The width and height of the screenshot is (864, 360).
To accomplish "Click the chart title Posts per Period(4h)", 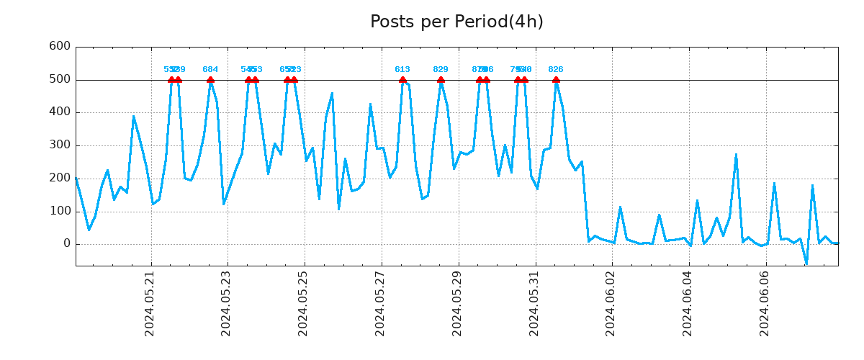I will pyautogui.click(x=456, y=22).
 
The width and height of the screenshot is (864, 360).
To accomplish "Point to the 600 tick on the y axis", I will pyautogui.click(x=59, y=46).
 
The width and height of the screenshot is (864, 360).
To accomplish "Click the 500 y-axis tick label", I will pyautogui.click(x=59, y=79).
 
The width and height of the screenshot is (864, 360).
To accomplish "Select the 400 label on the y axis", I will pyautogui.click(x=59, y=112).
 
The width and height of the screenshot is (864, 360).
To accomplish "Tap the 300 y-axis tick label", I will pyautogui.click(x=59, y=145).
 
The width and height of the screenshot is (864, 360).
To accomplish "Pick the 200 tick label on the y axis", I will pyautogui.click(x=59, y=179).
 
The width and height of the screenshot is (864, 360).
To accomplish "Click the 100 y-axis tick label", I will pyautogui.click(x=59, y=212).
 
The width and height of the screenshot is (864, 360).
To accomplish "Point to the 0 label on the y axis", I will pyautogui.click(x=66, y=244).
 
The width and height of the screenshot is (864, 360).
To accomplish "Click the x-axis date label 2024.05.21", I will pyautogui.click(x=150, y=303).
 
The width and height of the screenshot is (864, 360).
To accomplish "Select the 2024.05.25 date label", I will pyautogui.click(x=303, y=303).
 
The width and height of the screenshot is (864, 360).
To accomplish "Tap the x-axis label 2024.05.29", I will pyautogui.click(x=457, y=303).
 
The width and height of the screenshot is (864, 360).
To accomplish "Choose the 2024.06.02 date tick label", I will pyautogui.click(x=611, y=303).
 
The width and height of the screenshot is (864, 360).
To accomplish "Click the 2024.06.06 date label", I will pyautogui.click(x=765, y=303).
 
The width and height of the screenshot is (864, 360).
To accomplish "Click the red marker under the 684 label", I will pyautogui.click(x=210, y=80).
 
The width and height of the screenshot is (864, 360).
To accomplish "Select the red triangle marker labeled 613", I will pyautogui.click(x=402, y=80).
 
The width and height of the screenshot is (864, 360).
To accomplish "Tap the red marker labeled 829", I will pyautogui.click(x=441, y=80).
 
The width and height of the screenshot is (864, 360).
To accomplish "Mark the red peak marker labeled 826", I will pyautogui.click(x=556, y=80).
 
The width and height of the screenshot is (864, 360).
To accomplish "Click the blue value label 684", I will pyautogui.click(x=210, y=70).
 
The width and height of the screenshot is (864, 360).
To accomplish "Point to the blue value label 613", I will pyautogui.click(x=402, y=70).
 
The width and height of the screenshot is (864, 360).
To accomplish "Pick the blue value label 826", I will pyautogui.click(x=556, y=70).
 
